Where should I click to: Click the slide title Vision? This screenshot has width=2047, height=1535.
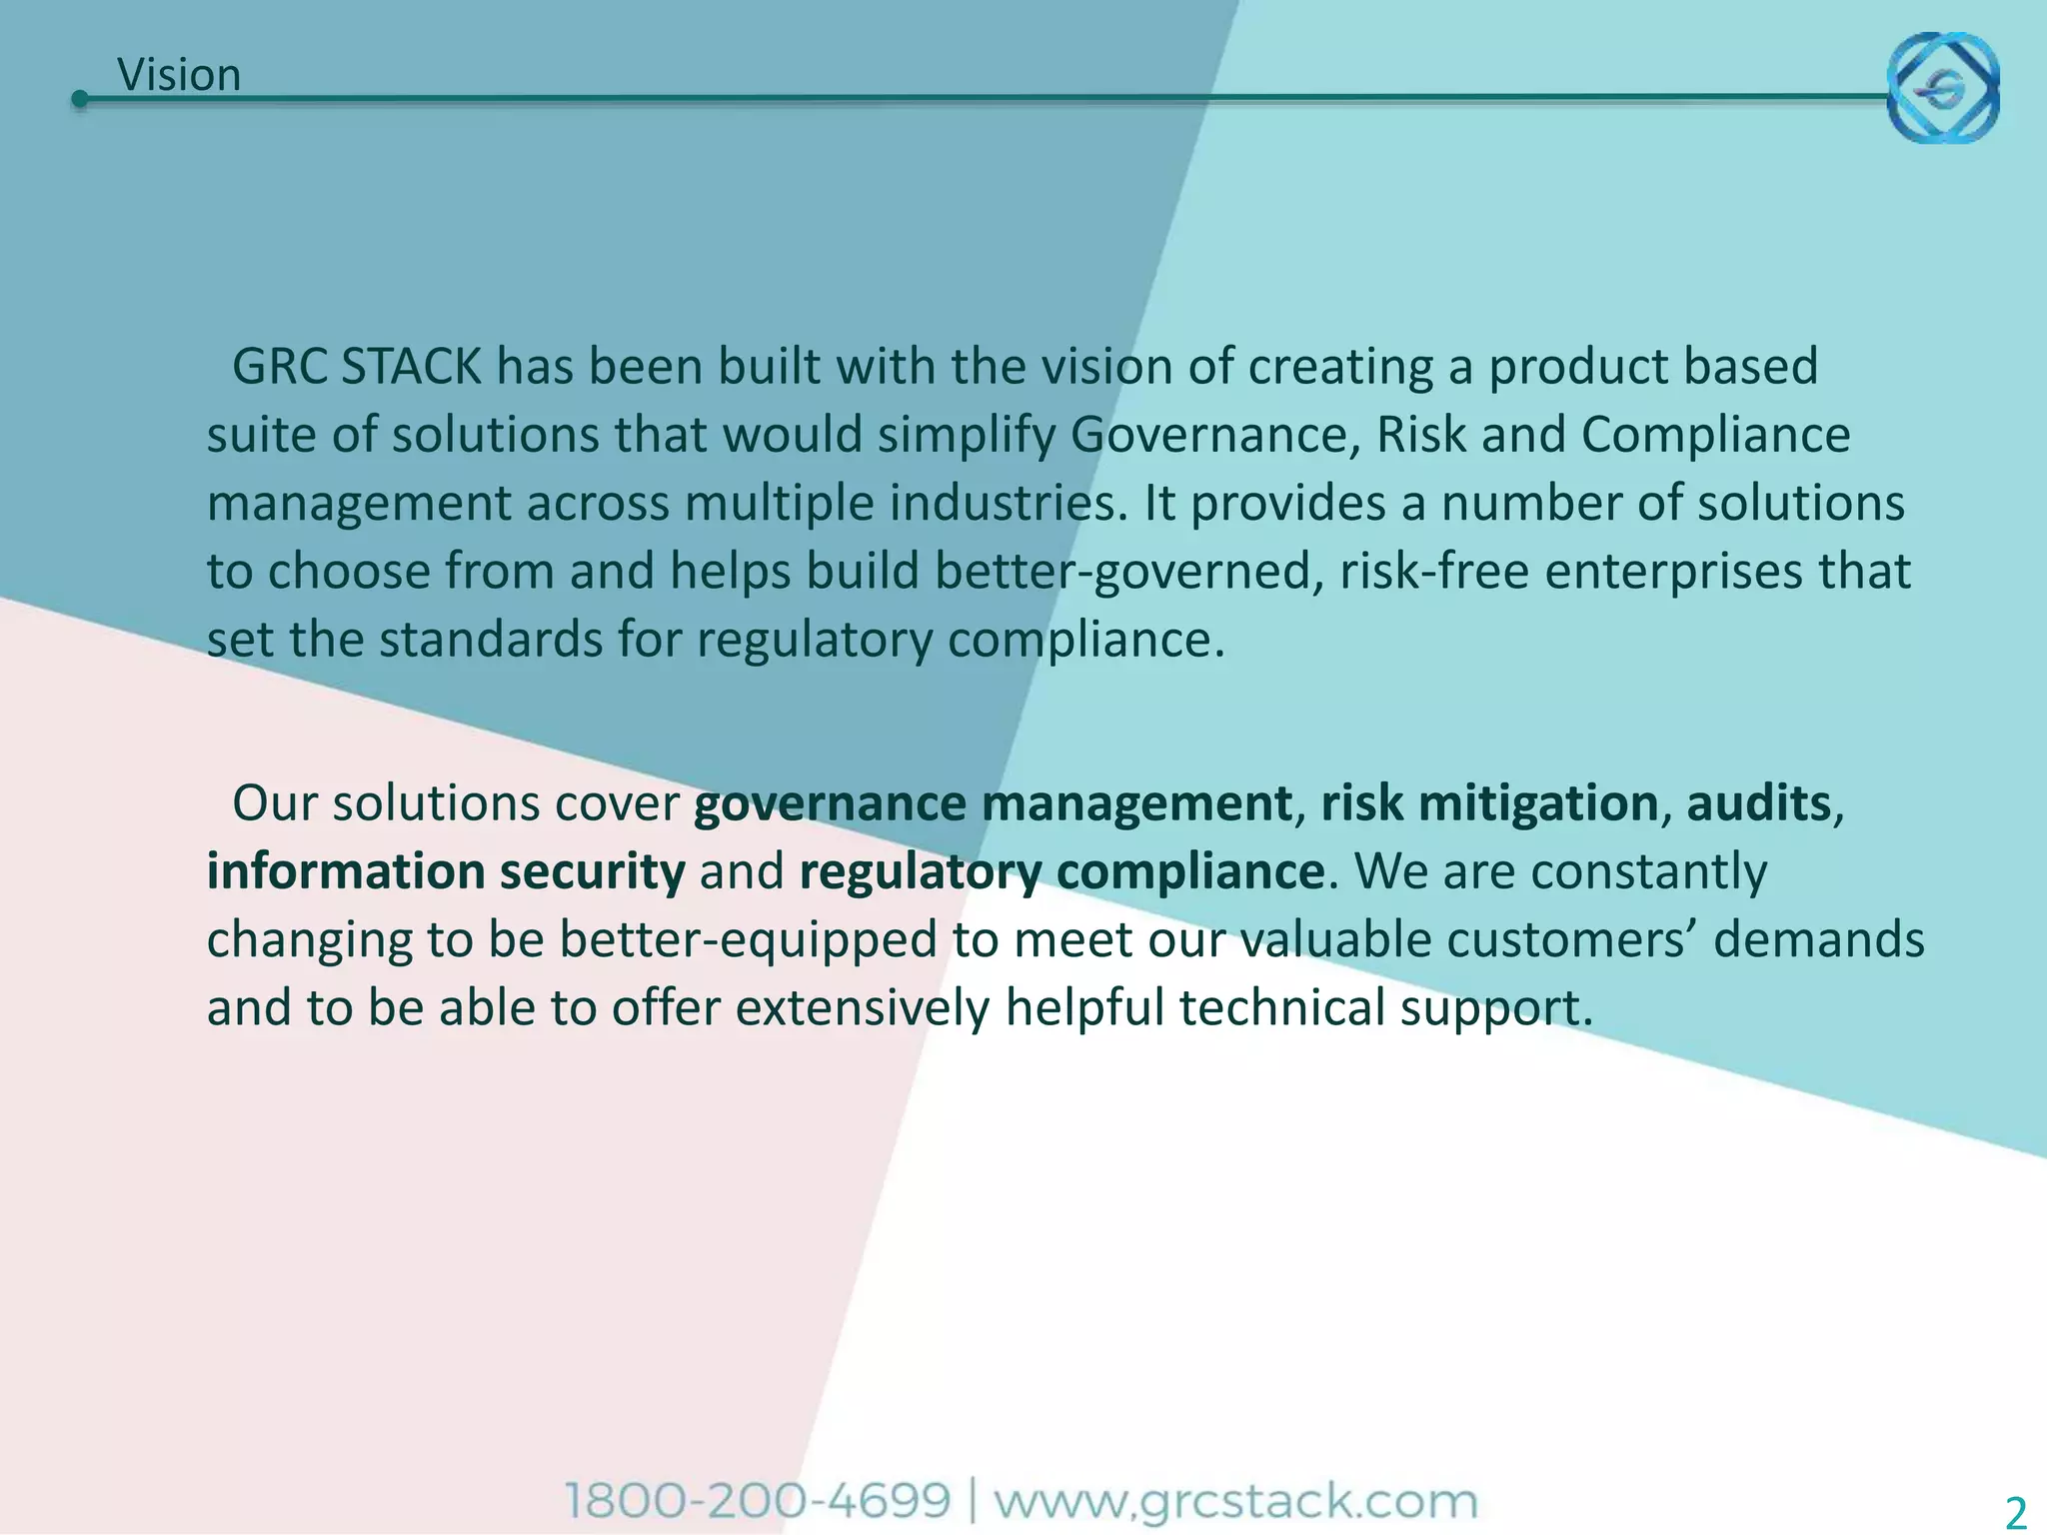179,75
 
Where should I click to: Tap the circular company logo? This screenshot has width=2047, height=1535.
1942,87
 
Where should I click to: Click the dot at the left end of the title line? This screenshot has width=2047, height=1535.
80,99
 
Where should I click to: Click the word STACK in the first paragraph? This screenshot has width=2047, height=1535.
411,367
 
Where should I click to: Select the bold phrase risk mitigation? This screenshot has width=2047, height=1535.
1489,803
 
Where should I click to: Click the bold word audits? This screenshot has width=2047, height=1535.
1758,803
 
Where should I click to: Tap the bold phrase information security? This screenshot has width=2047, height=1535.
446,871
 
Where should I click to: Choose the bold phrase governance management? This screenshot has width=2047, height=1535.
993,803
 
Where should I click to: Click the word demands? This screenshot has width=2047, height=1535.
1818,940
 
